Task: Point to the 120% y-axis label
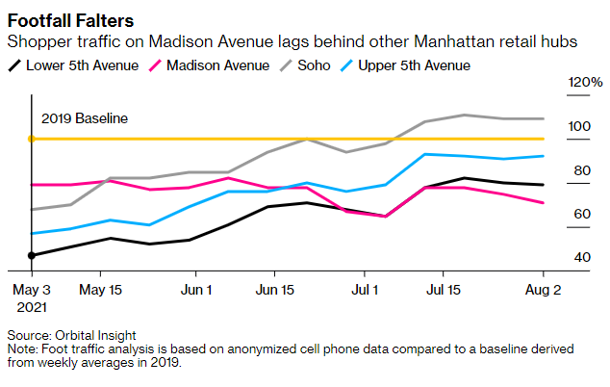[585, 83]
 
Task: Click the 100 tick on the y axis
[579, 127]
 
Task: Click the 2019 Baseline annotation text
[85, 118]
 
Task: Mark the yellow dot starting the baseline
[32, 140]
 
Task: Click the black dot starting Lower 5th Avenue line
[32, 255]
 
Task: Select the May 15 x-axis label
[100, 289]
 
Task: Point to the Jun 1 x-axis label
[196, 289]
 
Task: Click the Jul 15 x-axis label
[443, 289]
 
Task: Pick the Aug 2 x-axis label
[542, 289]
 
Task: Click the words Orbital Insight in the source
[96, 335]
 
